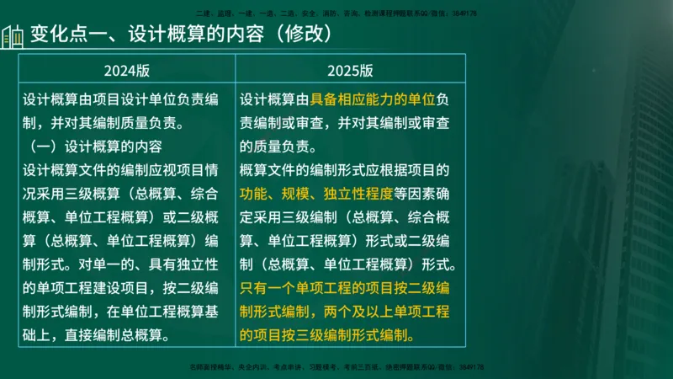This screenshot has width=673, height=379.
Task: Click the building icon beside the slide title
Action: [x=12, y=37]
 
